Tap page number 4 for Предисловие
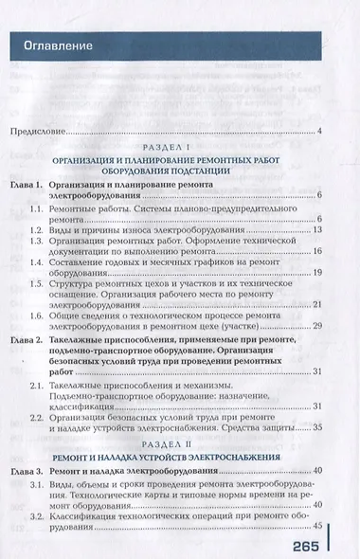point(321,131)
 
